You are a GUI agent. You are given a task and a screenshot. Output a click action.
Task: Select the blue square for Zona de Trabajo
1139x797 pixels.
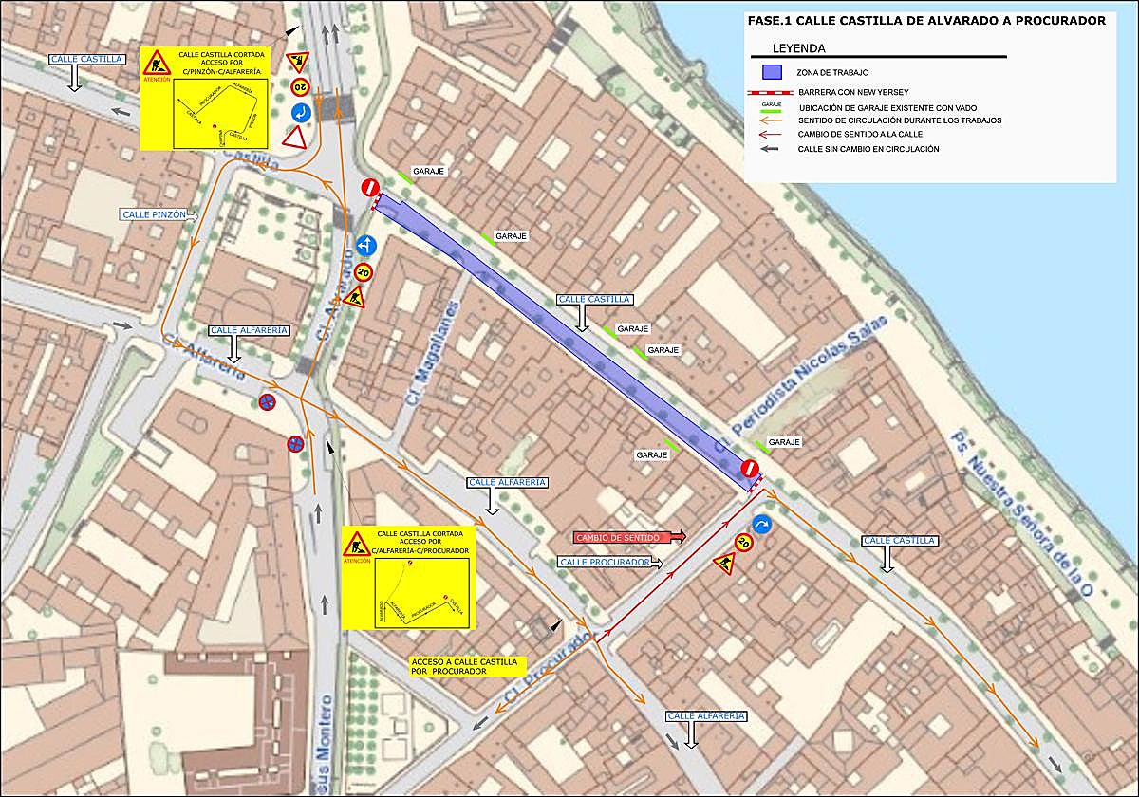tap(772, 72)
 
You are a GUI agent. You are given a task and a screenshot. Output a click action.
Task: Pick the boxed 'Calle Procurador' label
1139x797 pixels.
tap(605, 562)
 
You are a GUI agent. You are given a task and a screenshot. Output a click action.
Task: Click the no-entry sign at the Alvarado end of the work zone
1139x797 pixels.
tap(370, 188)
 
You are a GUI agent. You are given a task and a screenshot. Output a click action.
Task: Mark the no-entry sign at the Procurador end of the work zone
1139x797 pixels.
tap(750, 469)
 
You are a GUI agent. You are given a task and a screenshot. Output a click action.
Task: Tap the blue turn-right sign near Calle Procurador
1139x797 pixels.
tap(762, 524)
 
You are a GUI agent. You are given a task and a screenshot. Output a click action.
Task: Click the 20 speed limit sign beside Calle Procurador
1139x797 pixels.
tap(743, 544)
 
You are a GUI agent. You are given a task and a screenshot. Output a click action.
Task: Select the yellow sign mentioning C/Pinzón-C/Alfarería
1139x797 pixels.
tap(205, 98)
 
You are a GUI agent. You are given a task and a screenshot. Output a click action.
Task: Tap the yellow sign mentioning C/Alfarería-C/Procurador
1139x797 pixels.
tap(406, 578)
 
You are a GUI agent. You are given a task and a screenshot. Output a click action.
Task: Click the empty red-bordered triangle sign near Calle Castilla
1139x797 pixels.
tap(295, 138)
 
